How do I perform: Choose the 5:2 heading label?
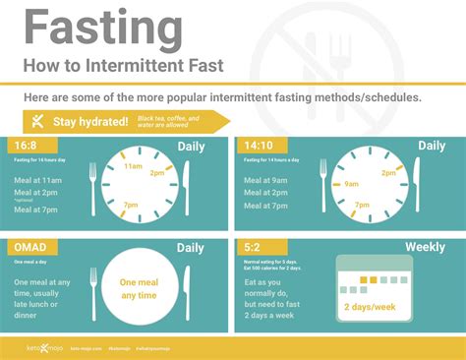click(x=252, y=247)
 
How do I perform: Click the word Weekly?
click(x=426, y=248)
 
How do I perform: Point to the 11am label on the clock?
click(x=134, y=167)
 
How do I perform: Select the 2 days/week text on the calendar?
click(x=370, y=306)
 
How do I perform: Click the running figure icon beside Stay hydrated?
click(x=37, y=121)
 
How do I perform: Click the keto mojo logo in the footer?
click(x=44, y=346)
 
